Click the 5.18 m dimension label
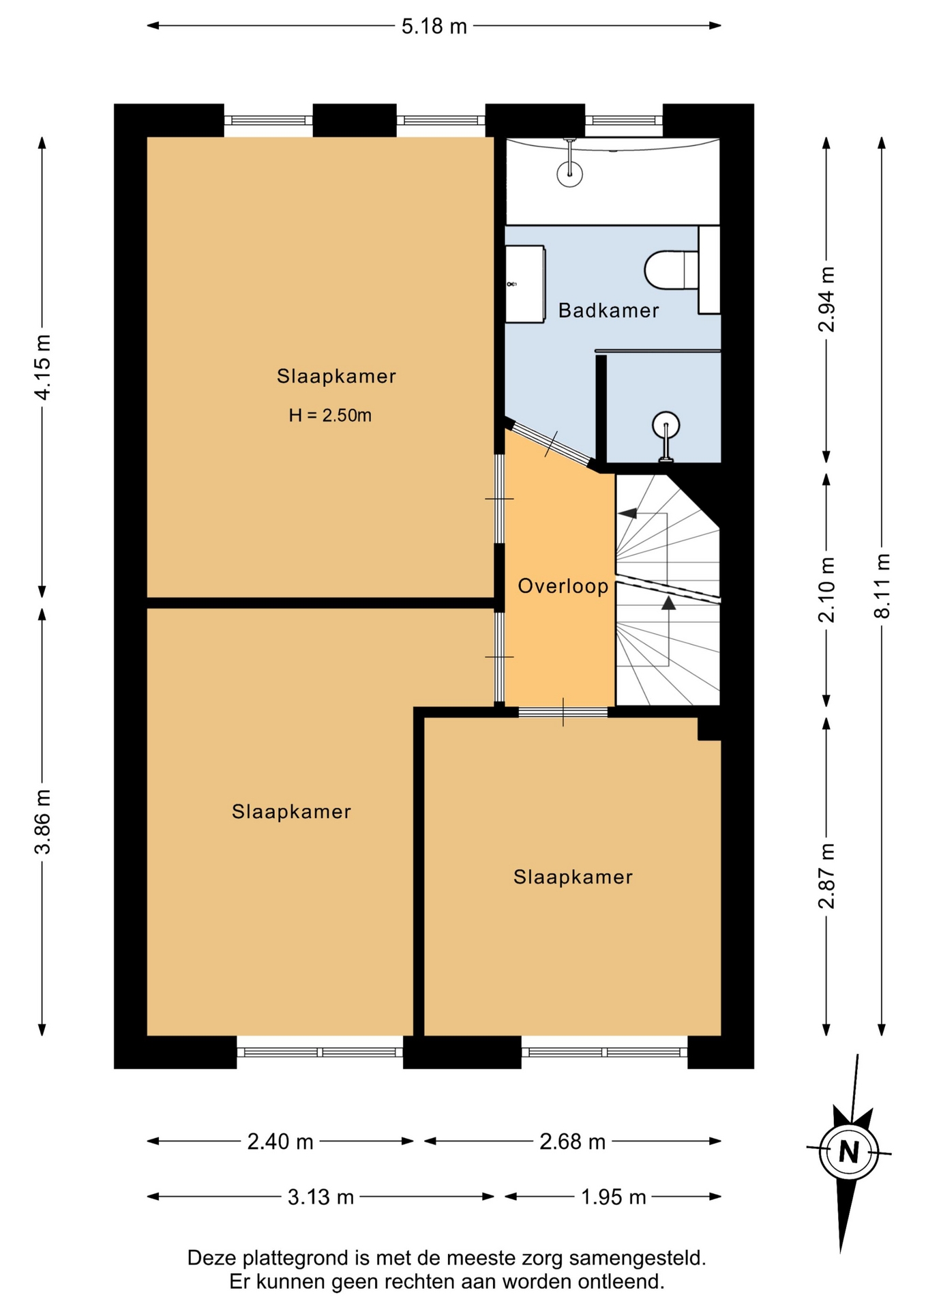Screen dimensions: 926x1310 434,27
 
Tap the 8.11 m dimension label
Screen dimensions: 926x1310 882,585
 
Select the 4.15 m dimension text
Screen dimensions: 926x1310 42,367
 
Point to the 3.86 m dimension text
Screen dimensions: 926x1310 42,821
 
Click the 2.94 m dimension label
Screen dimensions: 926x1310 826,299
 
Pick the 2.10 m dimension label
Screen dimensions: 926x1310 826,589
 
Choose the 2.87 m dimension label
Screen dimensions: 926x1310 826,876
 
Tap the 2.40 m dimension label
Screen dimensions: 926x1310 280,1141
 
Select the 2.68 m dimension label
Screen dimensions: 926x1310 572,1141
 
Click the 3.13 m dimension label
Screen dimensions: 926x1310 320,1197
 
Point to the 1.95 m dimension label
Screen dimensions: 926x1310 613,1197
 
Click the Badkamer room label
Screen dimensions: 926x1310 608,310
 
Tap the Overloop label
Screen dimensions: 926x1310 563,586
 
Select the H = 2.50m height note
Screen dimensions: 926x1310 330,415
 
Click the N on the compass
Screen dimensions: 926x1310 848,1152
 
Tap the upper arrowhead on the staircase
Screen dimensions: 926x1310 627,513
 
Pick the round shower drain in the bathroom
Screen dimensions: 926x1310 665,426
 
